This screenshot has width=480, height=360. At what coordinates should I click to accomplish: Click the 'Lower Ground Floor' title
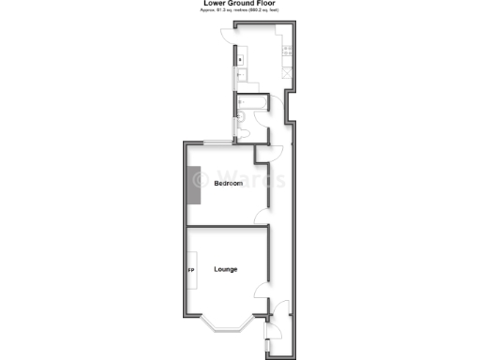[x=239, y=4]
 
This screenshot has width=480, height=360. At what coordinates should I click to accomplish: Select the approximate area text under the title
[x=239, y=11]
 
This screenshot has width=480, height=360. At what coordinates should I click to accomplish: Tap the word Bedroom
[x=228, y=183]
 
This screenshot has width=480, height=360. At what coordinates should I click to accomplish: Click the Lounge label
[x=226, y=269]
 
